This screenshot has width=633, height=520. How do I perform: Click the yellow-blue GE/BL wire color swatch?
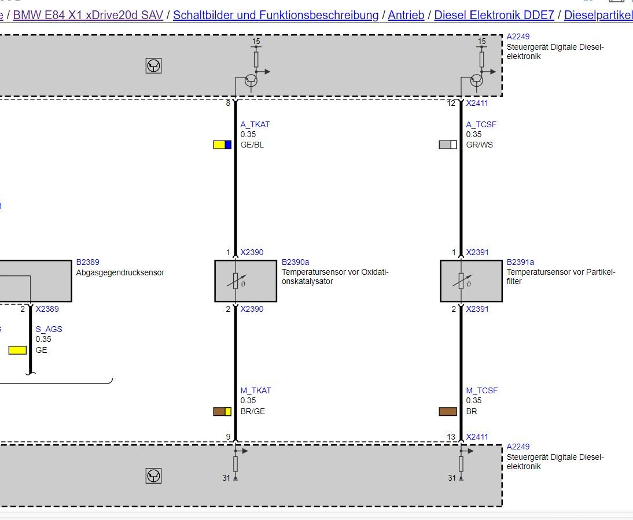click(222, 145)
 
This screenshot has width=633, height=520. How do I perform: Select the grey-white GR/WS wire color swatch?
click(448, 145)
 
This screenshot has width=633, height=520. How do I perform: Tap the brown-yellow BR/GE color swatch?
click(222, 411)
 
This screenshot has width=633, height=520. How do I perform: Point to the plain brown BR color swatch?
click(448, 411)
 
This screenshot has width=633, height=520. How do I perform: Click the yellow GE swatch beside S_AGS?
click(17, 350)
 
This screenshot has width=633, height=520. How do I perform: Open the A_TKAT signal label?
click(255, 125)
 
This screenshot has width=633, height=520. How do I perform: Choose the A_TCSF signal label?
click(481, 125)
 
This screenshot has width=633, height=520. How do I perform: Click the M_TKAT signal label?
click(256, 390)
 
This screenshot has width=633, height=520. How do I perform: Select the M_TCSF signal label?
click(482, 390)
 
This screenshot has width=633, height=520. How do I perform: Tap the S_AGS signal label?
click(49, 329)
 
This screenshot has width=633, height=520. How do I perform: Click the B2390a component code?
click(296, 262)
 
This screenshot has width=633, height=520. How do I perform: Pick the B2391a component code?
click(520, 262)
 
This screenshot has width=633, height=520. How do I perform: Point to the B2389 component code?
click(87, 262)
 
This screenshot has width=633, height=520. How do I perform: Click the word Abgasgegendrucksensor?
click(120, 272)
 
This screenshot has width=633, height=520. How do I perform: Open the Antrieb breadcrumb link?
click(406, 16)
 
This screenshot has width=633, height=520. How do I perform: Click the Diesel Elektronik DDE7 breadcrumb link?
click(494, 16)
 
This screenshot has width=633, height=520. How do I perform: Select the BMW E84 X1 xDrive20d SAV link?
click(88, 16)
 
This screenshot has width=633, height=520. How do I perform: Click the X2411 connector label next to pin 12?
click(477, 104)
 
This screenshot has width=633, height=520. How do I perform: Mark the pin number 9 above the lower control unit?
click(228, 437)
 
